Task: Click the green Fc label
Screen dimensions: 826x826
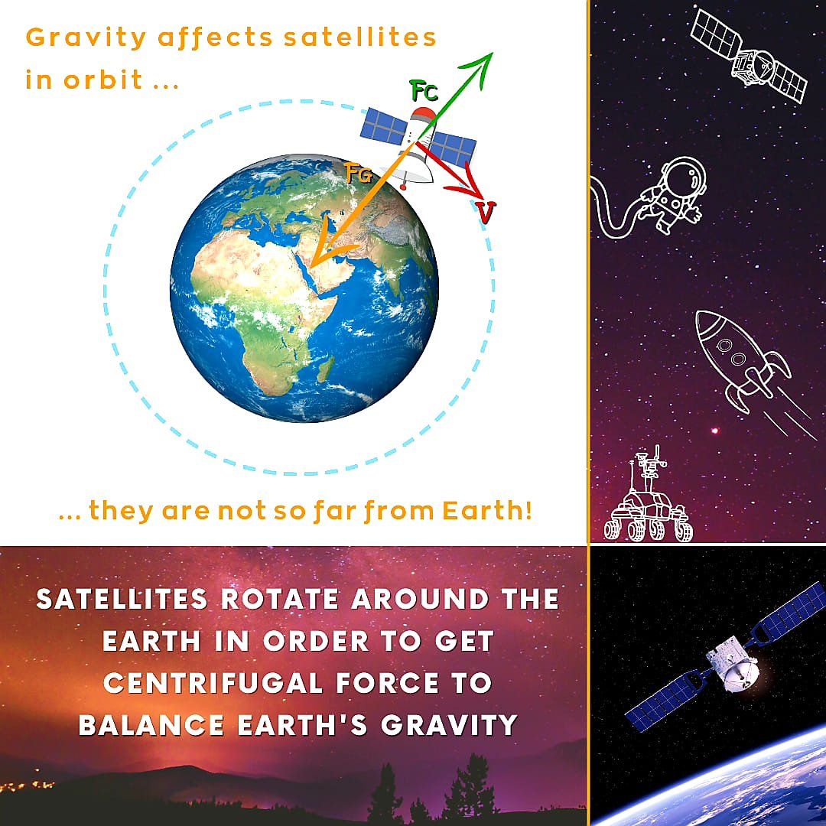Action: (x=424, y=93)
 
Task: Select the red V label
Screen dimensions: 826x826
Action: (x=484, y=212)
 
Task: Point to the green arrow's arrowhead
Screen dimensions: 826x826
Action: (x=485, y=60)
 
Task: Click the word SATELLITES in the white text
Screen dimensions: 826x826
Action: (x=122, y=599)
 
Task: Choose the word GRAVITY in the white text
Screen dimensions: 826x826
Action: (x=450, y=724)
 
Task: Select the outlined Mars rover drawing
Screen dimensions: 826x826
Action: (x=647, y=500)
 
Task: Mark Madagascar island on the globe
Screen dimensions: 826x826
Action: (x=324, y=370)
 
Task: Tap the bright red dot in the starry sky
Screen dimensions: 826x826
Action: (x=715, y=431)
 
